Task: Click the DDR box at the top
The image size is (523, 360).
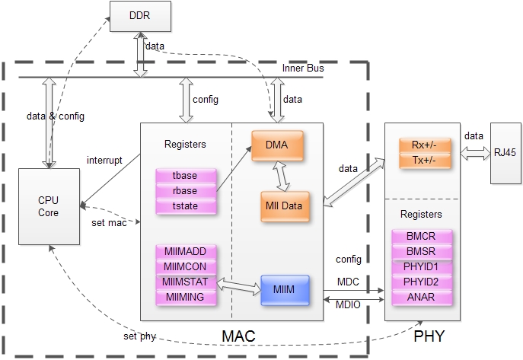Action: click(139, 17)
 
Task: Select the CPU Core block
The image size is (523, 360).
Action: click(49, 206)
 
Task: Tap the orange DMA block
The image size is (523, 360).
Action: click(277, 144)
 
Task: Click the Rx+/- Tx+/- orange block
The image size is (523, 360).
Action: click(423, 151)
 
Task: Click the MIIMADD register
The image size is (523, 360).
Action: click(186, 252)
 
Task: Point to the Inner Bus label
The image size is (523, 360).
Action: click(304, 68)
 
